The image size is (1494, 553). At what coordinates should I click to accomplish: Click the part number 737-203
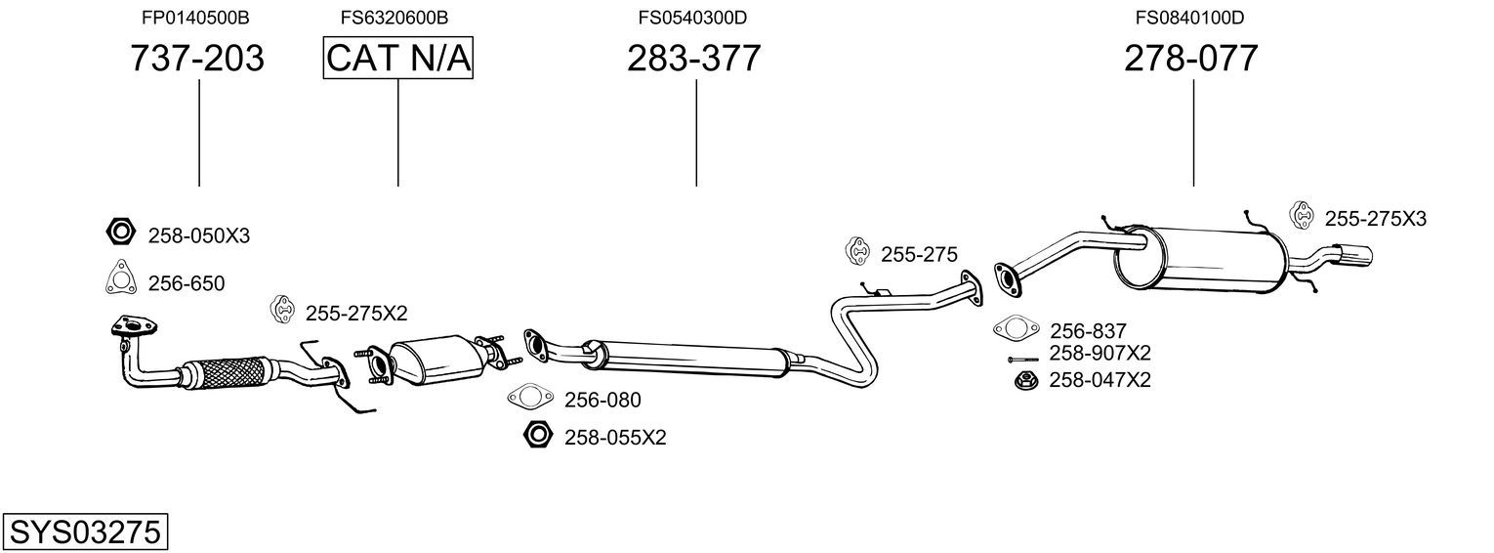coord(197,58)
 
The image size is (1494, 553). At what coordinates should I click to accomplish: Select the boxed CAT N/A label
coord(398,58)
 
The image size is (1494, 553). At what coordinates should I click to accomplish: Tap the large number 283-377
coord(693,58)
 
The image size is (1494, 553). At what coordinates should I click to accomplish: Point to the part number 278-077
coord(1191,58)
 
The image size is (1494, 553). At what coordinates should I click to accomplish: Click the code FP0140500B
coord(195,18)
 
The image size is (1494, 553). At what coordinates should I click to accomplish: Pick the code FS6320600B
coord(394,18)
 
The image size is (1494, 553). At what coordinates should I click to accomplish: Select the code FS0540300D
coord(692,18)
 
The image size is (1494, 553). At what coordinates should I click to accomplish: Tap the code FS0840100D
coord(1190,18)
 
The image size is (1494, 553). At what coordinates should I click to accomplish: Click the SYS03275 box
coord(85,532)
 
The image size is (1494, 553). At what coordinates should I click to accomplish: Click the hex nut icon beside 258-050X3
coord(121,233)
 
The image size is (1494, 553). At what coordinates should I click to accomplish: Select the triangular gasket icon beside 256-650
coord(121,276)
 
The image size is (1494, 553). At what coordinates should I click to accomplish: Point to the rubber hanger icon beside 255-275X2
coord(283,310)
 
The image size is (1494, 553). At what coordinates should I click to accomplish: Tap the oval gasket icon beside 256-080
coord(530,398)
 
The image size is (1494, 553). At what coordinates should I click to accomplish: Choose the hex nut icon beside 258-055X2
coord(538,435)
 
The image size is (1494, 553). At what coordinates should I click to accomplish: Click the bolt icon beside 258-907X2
coord(1023,360)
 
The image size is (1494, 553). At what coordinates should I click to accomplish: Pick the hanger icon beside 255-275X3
coord(1302,215)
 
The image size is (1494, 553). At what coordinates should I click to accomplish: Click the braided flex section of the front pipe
coord(228,372)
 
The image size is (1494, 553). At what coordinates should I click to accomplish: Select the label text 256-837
coord(1088,331)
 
